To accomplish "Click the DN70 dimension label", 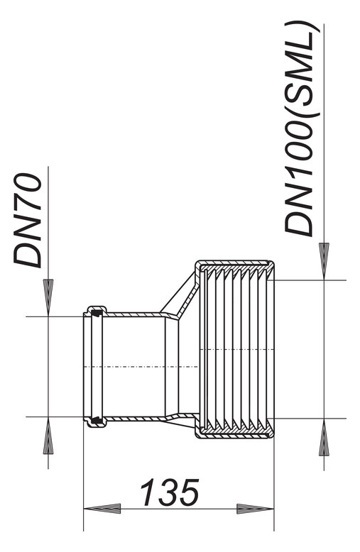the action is tap(28, 220).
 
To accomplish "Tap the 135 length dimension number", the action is tap(170, 492).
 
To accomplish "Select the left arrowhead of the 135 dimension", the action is tap(102, 509).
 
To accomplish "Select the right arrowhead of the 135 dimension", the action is tap(256, 509).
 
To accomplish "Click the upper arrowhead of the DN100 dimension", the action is tap(324, 261).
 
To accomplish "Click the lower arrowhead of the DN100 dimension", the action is tap(324, 437).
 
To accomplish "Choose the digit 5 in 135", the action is tap(188, 492).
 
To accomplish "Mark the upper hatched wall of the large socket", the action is tap(235, 267).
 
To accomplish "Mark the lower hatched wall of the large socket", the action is tap(235, 432).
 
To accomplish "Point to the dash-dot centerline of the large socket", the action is tap(236, 349).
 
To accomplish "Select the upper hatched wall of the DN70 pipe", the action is tap(134, 314).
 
